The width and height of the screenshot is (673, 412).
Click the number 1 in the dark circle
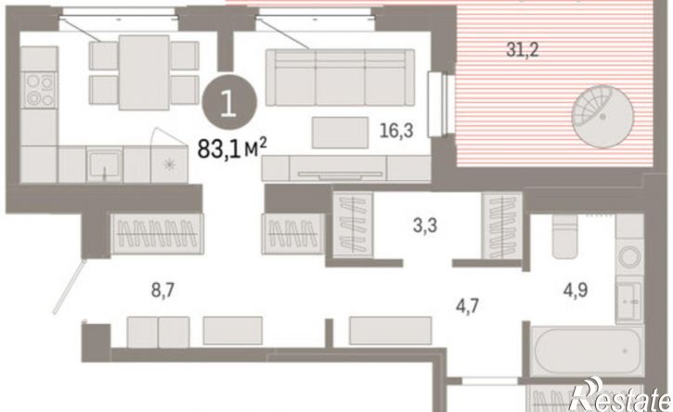tap(228, 103)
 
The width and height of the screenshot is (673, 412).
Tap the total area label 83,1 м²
tap(232, 148)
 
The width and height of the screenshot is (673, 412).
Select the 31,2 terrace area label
tap(523, 50)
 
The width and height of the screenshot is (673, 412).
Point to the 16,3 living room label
tap(396, 130)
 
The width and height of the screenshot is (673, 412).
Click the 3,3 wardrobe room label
tap(425, 225)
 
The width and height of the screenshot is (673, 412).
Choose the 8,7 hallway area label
tap(162, 291)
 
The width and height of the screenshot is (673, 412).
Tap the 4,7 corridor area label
tap(467, 306)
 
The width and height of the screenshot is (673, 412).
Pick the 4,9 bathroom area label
tap(576, 290)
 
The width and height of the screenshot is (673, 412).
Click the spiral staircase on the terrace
tap(602, 117)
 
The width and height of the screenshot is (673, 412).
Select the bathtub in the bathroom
tap(587, 351)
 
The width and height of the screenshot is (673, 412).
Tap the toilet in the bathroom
tap(564, 236)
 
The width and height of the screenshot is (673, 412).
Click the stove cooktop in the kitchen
tap(39, 89)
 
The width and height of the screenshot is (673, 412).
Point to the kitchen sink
tap(104, 164)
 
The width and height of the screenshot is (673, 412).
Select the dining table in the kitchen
tap(144, 72)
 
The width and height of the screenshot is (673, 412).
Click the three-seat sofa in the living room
tap(340, 77)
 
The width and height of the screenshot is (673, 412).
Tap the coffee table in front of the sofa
tap(340, 133)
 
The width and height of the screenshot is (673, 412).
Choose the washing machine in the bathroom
tap(629, 258)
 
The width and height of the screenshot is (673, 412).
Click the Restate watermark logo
tap(620, 395)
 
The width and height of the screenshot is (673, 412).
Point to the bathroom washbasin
tap(629, 301)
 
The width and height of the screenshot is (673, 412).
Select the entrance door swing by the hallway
tap(69, 286)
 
